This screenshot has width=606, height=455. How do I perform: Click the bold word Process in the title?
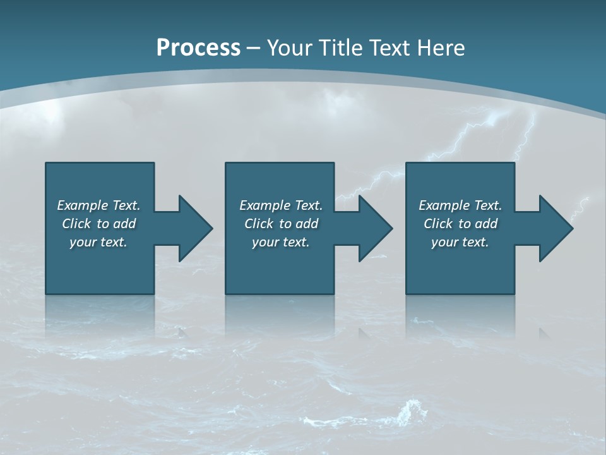click(x=198, y=48)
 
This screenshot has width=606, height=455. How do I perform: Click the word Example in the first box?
click(x=83, y=205)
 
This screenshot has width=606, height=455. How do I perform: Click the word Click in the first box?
click(x=76, y=224)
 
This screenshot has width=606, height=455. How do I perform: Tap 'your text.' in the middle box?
click(x=280, y=242)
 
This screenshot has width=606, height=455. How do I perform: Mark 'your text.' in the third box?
click(x=460, y=242)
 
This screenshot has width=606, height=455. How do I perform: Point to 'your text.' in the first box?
click(x=98, y=242)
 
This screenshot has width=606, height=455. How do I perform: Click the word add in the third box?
click(x=485, y=224)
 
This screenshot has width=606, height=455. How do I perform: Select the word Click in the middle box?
click(x=259, y=224)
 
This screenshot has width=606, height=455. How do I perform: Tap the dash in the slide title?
click(x=254, y=48)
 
